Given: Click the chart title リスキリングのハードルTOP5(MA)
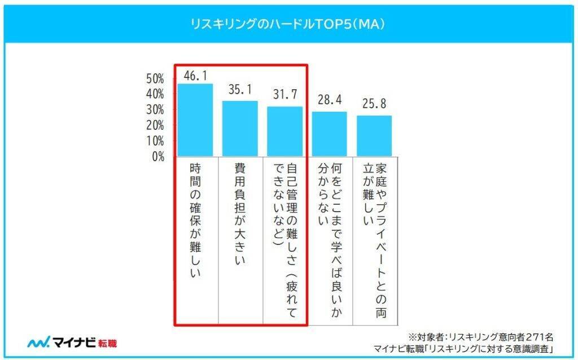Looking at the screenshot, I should pyautogui.click(x=288, y=24).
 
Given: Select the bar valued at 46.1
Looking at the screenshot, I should pyautogui.click(x=195, y=120).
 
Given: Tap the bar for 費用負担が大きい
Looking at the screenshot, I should pyautogui.click(x=240, y=129).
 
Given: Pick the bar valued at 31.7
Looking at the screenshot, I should pyautogui.click(x=284, y=131).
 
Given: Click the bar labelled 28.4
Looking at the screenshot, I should pyautogui.click(x=329, y=134).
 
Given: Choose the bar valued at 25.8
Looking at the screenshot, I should pyautogui.click(x=374, y=136).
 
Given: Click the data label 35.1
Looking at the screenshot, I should pyautogui.click(x=240, y=90).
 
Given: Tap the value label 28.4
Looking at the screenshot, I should pyautogui.click(x=329, y=100).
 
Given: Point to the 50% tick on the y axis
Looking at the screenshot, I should pyautogui.click(x=155, y=78).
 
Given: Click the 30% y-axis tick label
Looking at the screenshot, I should pyautogui.click(x=155, y=109).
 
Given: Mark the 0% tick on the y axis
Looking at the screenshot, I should pyautogui.click(x=158, y=156).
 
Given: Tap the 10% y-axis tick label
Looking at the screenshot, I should pyautogui.click(x=155, y=141).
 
